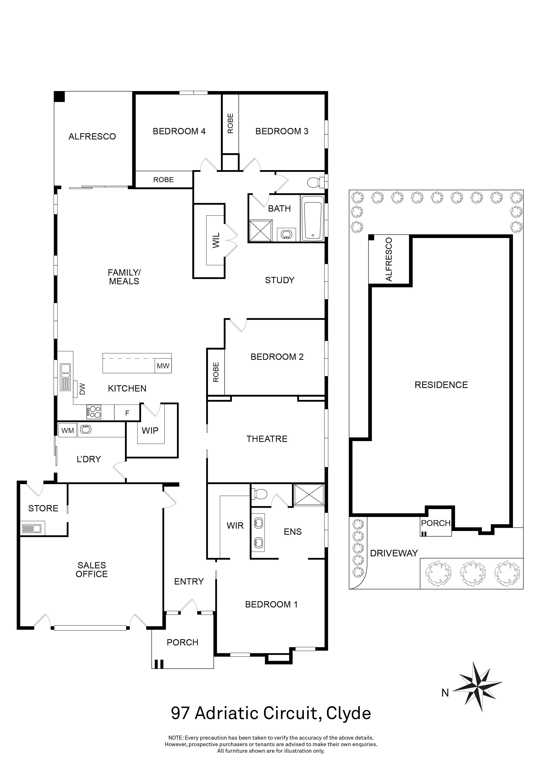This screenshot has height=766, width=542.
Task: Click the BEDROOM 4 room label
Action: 179,131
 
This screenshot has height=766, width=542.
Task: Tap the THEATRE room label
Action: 267,439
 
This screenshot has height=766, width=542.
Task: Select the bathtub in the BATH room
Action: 312,219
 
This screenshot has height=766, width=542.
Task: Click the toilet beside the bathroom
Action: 316,182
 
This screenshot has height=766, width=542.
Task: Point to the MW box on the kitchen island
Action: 163,366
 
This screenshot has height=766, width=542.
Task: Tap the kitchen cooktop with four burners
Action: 94,412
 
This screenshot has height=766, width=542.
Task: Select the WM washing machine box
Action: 68,430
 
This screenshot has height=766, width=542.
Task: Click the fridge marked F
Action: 127,413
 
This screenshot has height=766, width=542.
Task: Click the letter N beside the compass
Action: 445,693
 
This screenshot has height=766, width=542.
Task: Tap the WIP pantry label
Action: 150,431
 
